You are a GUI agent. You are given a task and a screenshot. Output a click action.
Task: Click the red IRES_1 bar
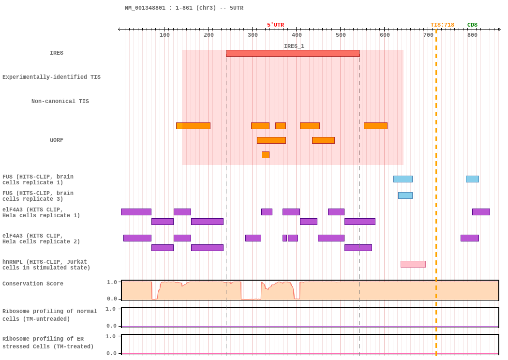(293, 53)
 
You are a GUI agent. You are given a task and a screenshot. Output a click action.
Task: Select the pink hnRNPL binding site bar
(413, 264)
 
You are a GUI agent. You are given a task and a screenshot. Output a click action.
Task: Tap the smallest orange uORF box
(266, 155)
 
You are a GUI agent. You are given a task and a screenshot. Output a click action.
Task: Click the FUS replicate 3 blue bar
(405, 195)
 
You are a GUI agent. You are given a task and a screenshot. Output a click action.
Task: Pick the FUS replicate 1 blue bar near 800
(472, 179)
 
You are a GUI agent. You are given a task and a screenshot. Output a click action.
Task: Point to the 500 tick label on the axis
(341, 35)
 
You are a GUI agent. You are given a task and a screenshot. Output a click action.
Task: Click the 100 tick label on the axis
(164, 35)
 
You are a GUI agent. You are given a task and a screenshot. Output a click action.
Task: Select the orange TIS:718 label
(442, 25)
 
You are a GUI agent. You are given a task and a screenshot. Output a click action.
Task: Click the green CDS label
(472, 25)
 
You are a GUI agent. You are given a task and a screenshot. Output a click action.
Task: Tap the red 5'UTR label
(275, 25)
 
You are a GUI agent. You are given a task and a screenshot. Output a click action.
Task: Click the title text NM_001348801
(145, 8)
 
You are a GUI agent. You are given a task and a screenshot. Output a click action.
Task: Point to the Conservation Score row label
(33, 284)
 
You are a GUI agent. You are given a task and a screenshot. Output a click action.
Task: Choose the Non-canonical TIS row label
(60, 101)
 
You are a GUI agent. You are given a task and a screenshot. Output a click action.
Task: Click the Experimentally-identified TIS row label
(51, 77)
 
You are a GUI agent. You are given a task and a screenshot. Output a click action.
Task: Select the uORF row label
(57, 140)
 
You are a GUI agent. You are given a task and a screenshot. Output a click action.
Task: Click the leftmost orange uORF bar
(193, 126)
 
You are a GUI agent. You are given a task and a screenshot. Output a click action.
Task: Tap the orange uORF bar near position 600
(375, 126)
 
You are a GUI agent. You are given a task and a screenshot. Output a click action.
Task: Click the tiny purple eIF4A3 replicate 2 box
(285, 238)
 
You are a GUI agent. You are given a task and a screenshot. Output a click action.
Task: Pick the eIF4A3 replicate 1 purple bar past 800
(481, 212)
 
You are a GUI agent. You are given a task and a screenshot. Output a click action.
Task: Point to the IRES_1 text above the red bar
(294, 46)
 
